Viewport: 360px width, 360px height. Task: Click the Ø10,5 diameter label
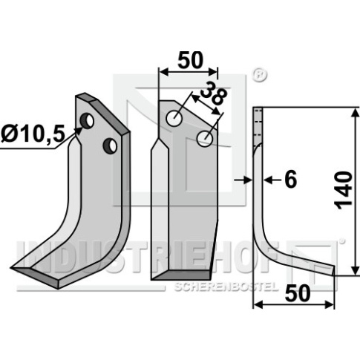(x=33, y=134)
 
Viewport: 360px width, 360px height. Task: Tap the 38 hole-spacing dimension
(x=214, y=93)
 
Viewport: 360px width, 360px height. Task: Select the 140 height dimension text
(x=344, y=190)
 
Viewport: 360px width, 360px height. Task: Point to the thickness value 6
(x=290, y=180)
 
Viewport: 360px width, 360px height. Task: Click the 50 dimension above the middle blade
(x=190, y=60)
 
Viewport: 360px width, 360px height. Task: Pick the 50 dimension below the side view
(x=298, y=293)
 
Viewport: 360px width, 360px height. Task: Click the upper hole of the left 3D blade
(x=87, y=120)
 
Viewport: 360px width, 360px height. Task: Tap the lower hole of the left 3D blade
(x=110, y=145)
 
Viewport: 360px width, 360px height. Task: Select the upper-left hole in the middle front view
(x=174, y=118)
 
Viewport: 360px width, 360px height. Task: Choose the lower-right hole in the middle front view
(x=205, y=139)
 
